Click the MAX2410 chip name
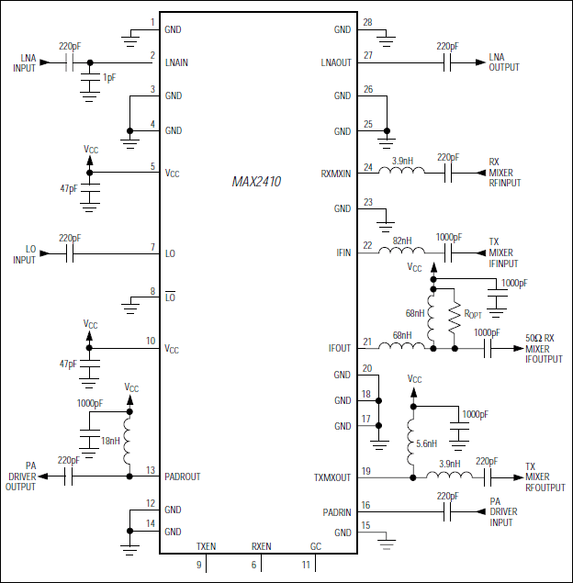pos(257,182)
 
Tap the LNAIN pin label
pos(178,63)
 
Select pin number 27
pos(368,55)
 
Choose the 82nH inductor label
pos(403,240)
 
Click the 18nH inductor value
pos(110,441)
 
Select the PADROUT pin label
pos(183,476)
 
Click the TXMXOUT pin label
pos(332,476)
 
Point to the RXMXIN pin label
pos(335,174)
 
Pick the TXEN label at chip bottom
pos(206,546)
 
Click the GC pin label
pos(315,546)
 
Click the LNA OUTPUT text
pos(503,62)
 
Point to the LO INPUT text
pos(24,254)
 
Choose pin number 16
pos(368,505)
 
